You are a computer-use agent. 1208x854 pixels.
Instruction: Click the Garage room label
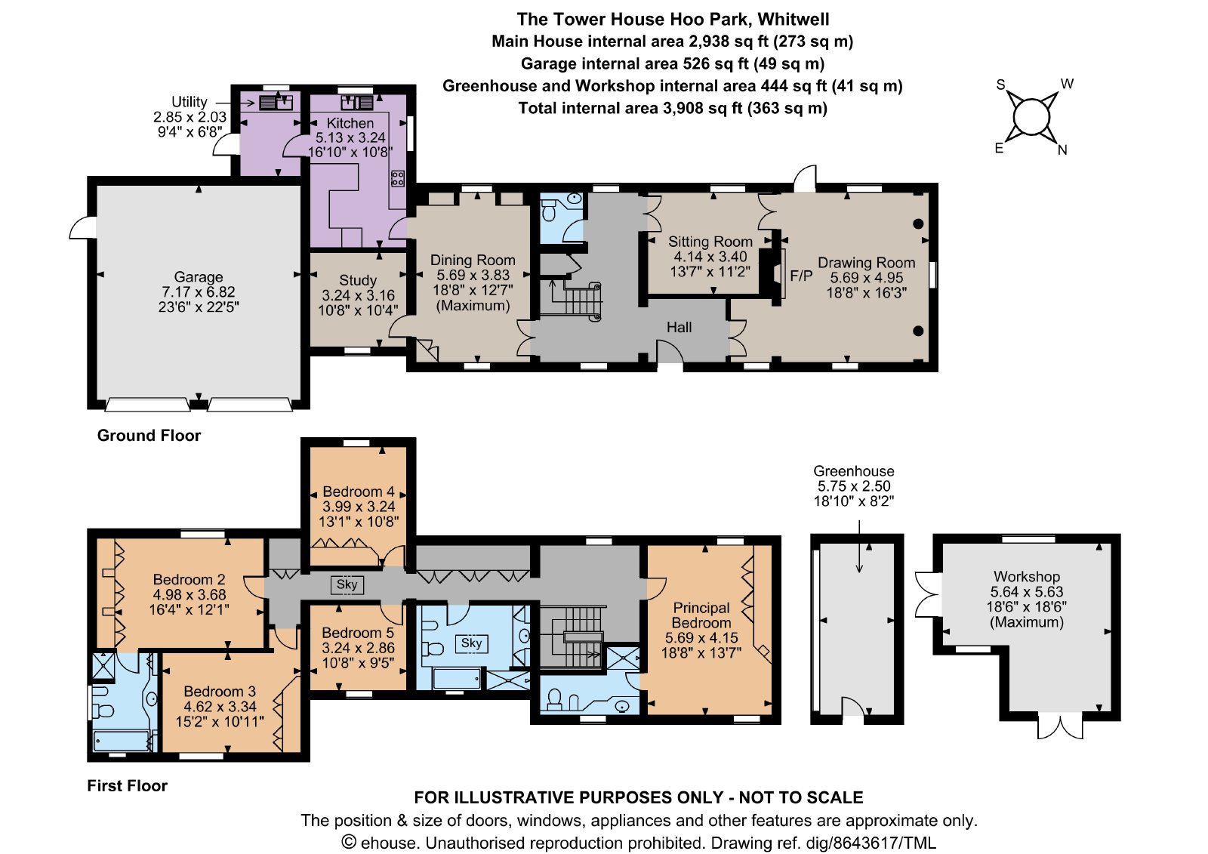[199, 277]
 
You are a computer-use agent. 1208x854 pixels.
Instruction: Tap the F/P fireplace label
[801, 276]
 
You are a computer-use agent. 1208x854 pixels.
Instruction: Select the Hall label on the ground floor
[679, 328]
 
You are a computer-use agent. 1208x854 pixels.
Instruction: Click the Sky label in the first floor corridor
[347, 584]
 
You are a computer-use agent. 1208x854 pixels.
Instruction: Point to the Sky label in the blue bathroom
[471, 643]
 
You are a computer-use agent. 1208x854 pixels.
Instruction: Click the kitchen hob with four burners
[397, 178]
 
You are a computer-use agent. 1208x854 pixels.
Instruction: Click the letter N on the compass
[1062, 150]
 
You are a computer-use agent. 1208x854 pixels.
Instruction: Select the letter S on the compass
[1000, 85]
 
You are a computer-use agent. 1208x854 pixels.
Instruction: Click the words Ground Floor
[149, 436]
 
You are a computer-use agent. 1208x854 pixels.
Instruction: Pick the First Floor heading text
[128, 785]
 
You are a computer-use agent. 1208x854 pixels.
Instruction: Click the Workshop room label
[1027, 577]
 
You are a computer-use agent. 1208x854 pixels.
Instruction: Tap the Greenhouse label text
[854, 471]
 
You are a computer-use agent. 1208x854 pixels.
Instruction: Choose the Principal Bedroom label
[701, 615]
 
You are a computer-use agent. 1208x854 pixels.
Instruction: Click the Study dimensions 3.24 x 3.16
[358, 295]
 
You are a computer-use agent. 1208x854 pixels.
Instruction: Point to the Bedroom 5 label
[358, 633]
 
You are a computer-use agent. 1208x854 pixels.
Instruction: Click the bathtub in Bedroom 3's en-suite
[122, 741]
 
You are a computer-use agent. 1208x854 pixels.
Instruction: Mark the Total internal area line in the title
[673, 109]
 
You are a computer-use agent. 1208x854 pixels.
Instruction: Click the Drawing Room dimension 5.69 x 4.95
[866, 278]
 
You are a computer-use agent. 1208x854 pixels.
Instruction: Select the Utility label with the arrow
[190, 102]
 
